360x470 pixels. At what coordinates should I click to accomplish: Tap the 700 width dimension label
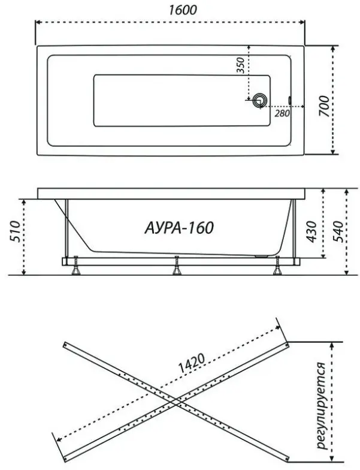323,107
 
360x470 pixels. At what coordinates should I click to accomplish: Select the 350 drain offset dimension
241,65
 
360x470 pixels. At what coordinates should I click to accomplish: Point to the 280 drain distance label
282,113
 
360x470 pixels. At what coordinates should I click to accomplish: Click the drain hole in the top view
259,100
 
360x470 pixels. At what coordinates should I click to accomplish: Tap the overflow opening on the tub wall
290,100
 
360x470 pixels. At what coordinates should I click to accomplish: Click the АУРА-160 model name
179,228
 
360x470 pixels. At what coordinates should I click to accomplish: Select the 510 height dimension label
15,231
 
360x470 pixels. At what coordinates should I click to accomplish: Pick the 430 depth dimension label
311,231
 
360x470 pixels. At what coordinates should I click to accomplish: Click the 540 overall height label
338,231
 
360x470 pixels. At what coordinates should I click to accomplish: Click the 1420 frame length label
192,363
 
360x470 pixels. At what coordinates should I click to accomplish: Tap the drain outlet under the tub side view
261,257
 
